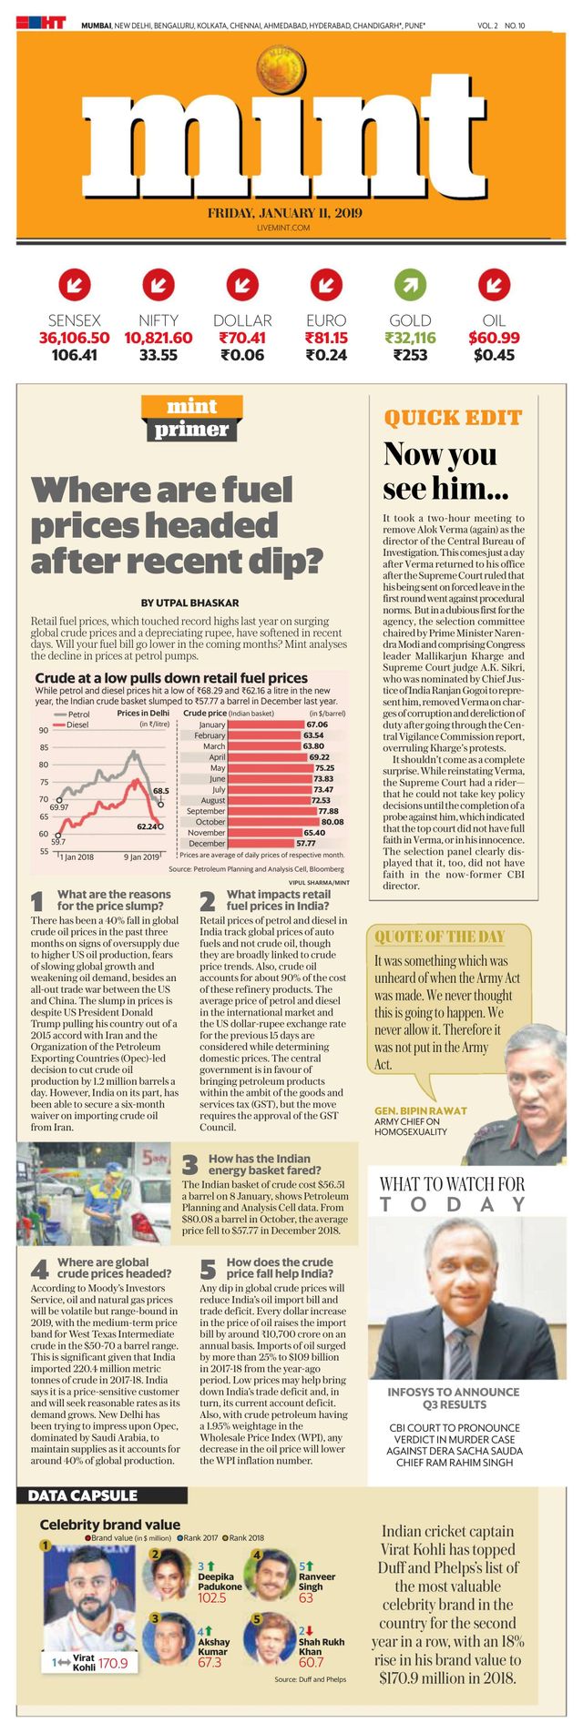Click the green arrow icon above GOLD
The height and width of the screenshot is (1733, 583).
pyautogui.click(x=410, y=285)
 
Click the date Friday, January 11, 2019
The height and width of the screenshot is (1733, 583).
pyautogui.click(x=284, y=213)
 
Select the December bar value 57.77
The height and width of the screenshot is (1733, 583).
pyautogui.click(x=292, y=843)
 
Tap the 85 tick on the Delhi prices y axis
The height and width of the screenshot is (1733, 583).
pyautogui.click(x=43, y=747)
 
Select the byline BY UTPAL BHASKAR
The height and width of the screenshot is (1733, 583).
pyautogui.click(x=189, y=603)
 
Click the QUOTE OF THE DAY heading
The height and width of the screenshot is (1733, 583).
pyautogui.click(x=439, y=937)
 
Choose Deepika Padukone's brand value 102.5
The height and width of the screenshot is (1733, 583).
pyautogui.click(x=211, y=1597)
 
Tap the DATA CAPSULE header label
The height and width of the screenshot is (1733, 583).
pyautogui.click(x=82, y=1495)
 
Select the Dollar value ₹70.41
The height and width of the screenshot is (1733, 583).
pyautogui.click(x=242, y=338)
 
